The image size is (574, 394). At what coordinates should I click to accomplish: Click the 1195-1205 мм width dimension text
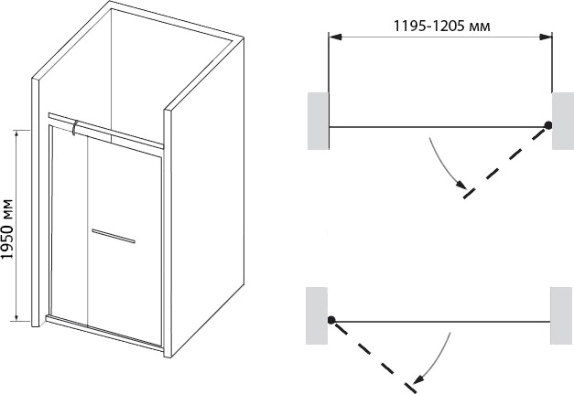tap(441, 26)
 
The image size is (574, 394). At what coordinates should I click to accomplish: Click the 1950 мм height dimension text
tap(6, 229)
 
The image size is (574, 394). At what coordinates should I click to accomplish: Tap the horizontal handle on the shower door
tap(114, 236)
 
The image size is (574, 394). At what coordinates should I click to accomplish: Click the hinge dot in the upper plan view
tap(548, 125)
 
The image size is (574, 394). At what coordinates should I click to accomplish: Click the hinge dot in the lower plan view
tap(331, 320)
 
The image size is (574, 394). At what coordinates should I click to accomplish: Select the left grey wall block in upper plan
tap(318, 121)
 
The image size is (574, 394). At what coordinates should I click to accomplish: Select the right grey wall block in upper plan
tap(563, 121)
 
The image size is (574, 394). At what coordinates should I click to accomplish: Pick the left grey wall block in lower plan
tap(317, 315)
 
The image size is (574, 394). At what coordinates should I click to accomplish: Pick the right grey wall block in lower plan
tap(561, 315)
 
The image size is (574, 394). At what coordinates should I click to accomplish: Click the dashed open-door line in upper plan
tap(506, 162)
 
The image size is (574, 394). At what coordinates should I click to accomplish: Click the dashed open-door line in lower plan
tap(374, 357)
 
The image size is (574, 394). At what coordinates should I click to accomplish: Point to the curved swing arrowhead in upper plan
tap(461, 185)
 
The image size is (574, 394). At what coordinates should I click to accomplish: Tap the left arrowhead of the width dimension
tap(335, 37)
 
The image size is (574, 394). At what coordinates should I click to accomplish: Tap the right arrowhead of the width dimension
tap(546, 37)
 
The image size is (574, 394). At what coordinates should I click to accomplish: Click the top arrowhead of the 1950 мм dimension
tap(16, 135)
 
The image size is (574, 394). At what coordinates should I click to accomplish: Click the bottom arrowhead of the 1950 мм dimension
tap(16, 315)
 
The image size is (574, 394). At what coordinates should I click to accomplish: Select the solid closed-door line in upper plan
tap(437, 127)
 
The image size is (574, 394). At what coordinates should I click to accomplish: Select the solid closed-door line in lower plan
tap(442, 322)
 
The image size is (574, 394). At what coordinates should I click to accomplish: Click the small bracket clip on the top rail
tap(75, 127)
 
